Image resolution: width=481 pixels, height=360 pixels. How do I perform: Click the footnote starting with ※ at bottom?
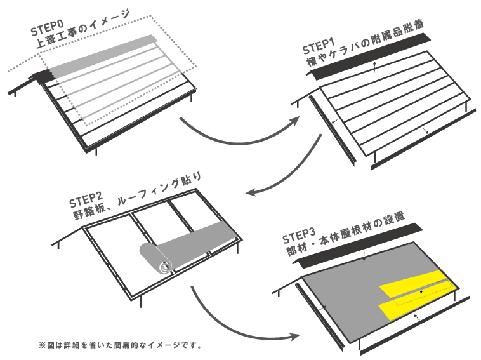pos(120,345)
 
